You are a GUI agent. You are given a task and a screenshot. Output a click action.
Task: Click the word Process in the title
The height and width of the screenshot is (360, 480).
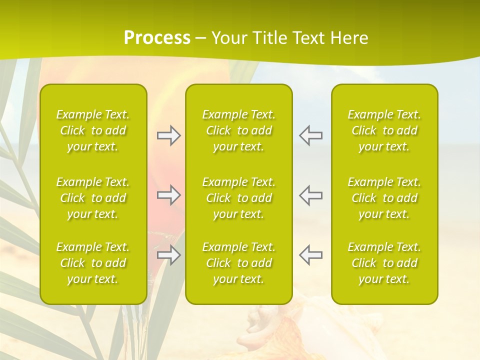157,38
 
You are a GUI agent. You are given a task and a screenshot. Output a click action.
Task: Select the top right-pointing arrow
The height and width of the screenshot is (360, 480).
169,135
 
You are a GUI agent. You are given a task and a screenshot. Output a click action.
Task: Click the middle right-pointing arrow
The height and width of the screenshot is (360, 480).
169,195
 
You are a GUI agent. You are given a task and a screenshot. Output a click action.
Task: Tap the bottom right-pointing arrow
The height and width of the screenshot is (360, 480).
169,255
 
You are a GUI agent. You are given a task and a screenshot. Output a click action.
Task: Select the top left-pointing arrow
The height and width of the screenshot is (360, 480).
310,135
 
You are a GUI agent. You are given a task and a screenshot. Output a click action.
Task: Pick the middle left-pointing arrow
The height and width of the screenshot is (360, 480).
310,195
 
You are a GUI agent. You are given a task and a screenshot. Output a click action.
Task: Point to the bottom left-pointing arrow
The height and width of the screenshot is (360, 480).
310,255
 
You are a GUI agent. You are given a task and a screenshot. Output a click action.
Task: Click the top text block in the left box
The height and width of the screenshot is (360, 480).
93,130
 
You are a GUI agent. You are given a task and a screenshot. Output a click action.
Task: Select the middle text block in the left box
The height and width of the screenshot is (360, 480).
93,198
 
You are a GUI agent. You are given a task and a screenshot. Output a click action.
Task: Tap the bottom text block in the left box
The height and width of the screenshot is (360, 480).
93,263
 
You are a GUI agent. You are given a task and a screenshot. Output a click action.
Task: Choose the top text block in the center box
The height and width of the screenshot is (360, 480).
239,130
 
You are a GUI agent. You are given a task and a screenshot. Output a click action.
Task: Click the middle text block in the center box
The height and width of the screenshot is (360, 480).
239,198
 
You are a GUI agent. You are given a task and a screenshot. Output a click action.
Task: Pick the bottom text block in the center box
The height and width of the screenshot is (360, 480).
239,263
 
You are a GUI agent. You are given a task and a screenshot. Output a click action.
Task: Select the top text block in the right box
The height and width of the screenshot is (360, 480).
384,130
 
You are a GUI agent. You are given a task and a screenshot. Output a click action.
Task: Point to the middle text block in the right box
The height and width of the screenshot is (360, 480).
384,198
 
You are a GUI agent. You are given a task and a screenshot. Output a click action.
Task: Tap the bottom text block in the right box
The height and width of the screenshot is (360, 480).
384,263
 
